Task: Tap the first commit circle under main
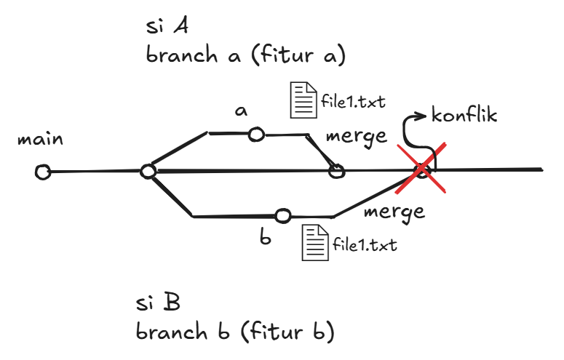pyautogui.click(x=43, y=172)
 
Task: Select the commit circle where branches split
pyautogui.click(x=148, y=172)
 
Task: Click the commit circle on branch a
pyautogui.click(x=256, y=135)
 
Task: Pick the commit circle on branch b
pyautogui.click(x=283, y=215)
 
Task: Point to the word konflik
pyautogui.click(x=464, y=115)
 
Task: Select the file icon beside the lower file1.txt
pyautogui.click(x=315, y=242)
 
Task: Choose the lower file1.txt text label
pyautogui.click(x=365, y=244)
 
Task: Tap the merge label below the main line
pyautogui.click(x=394, y=212)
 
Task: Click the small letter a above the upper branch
pyautogui.click(x=240, y=111)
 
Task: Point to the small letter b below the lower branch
pyautogui.click(x=267, y=236)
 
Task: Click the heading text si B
pyautogui.click(x=157, y=301)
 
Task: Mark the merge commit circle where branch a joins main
pyautogui.click(x=335, y=171)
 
